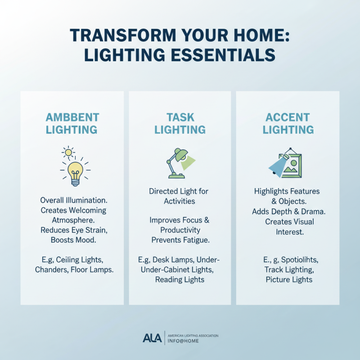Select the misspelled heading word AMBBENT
coord(72,117)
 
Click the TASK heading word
coord(180,117)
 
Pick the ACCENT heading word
coord(288,117)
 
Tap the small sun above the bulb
coord(68,153)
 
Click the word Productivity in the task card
coord(180,230)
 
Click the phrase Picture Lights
coord(288,279)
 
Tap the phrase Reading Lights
coord(180,279)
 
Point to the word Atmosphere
coord(72,220)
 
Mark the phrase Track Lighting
coord(288,270)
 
